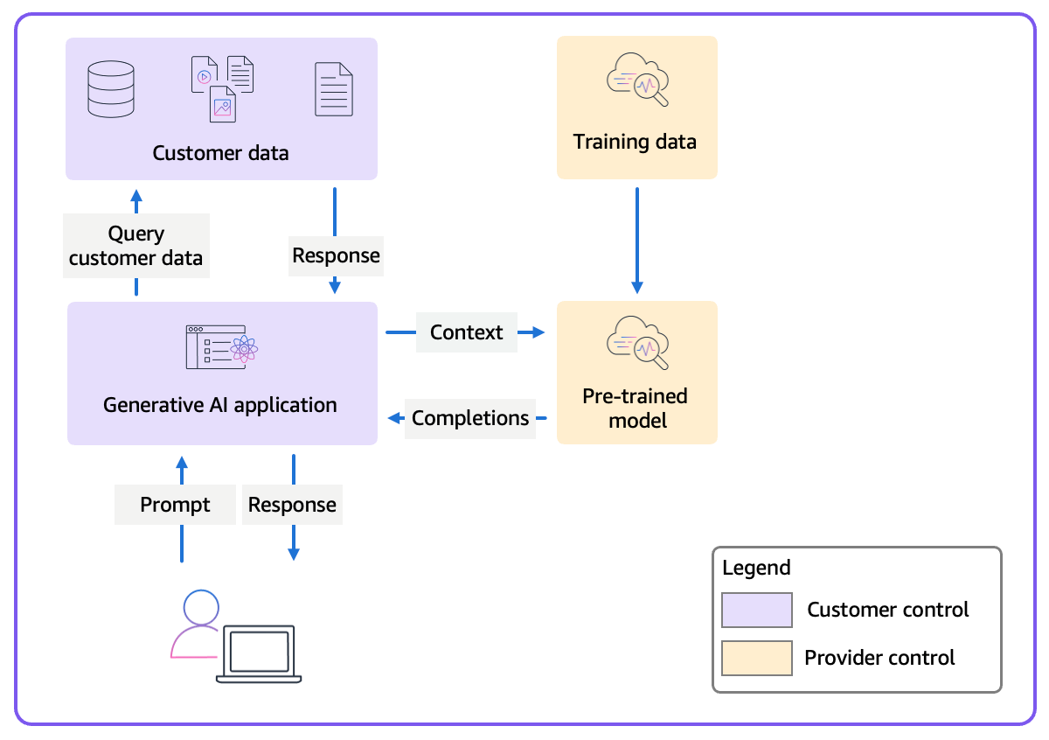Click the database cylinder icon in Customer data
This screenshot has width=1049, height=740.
111,87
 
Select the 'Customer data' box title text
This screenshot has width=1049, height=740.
220,153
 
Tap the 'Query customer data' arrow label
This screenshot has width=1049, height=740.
135,246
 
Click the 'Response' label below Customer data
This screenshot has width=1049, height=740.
336,255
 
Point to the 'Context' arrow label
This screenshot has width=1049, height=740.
466,332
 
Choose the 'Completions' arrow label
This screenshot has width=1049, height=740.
470,418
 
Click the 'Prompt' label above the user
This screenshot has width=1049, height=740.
175,505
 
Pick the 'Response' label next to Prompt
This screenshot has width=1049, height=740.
292,505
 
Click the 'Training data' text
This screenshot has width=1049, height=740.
635,142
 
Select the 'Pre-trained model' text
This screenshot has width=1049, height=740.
636,408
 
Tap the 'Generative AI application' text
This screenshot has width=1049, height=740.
220,405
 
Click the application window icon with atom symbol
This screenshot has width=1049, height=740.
221,346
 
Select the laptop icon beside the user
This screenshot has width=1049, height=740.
259,654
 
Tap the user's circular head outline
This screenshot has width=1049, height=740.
201,607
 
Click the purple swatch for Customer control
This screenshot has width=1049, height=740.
756,610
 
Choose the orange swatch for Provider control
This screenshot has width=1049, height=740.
756,658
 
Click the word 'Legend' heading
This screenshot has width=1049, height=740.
756,568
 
